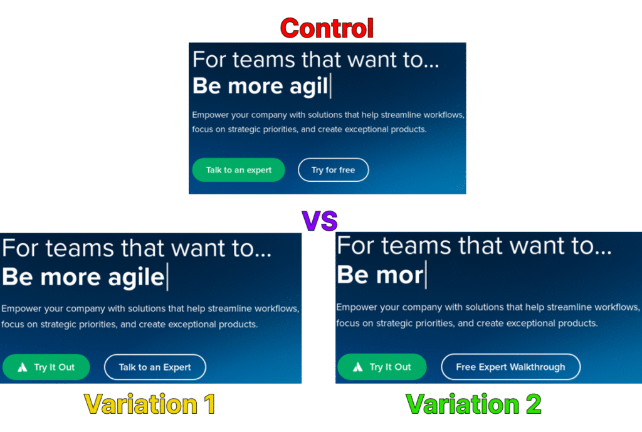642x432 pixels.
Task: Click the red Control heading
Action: tap(327, 28)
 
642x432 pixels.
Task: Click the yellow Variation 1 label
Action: tap(150, 404)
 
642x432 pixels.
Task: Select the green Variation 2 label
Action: tap(474, 404)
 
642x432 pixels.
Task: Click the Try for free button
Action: tap(334, 170)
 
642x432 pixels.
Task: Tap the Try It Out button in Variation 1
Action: tap(46, 367)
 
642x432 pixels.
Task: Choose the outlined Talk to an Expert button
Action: tap(155, 367)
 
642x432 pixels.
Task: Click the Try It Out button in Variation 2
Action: tap(382, 367)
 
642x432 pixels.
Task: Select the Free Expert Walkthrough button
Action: tap(510, 367)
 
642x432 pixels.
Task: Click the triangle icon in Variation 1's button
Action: tap(23, 367)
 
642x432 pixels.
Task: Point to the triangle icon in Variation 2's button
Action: tap(358, 367)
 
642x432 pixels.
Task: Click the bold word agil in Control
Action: tap(308, 87)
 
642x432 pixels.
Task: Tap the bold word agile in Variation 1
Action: tap(136, 278)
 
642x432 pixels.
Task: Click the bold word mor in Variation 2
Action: tap(400, 275)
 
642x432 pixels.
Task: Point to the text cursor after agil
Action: tap(330, 85)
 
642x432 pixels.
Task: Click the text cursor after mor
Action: tap(426, 275)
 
